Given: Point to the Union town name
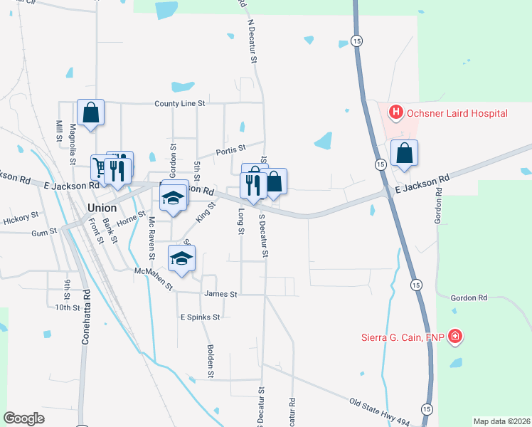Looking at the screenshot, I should [x=102, y=208].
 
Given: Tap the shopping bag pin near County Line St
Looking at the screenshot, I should [x=90, y=113].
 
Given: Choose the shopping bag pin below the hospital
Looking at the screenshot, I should [x=404, y=154].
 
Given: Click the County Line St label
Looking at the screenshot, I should [x=180, y=104].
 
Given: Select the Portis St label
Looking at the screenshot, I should [x=231, y=149].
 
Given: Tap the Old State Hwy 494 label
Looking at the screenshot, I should [x=379, y=413].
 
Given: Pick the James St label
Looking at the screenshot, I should [x=220, y=293].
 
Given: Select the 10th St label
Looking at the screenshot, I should [x=68, y=307].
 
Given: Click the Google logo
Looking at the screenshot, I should [x=24, y=418].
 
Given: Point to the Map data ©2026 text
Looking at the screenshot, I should [x=501, y=421].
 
